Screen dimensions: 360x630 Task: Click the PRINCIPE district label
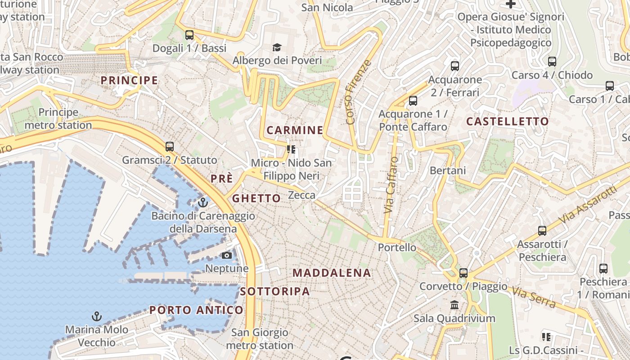pos(129,81)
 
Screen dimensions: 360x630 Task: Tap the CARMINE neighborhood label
pos(295,130)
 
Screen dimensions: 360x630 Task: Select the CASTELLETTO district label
pos(508,121)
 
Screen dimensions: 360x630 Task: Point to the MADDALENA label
pos(332,273)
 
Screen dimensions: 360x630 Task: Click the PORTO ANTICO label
pos(196,310)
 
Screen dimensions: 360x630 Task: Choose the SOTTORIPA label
pos(275,291)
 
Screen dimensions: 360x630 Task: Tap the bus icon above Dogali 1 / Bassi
pos(189,35)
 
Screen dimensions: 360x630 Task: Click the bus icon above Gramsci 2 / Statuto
pos(170,146)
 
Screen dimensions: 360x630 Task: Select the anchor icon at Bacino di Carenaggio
pos(203,202)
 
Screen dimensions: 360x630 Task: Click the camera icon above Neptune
pos(227,255)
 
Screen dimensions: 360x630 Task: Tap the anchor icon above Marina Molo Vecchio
pos(96,316)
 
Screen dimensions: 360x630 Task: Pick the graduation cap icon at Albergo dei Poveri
pos(277,47)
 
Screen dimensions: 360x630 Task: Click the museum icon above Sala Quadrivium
pos(454,305)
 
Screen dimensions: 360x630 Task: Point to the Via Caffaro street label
pos(391,185)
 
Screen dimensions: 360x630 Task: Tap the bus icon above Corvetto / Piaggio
pos(463,273)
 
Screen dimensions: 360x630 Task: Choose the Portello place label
pos(397,247)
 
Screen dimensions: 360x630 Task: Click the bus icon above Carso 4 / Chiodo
pos(552,62)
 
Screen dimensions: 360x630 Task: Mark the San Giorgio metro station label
pos(260,339)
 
